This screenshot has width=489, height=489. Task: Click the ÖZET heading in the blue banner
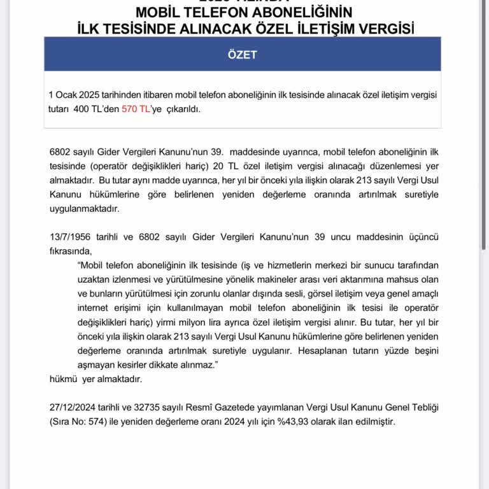point(242,55)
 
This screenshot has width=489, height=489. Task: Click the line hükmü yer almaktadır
point(96,379)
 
